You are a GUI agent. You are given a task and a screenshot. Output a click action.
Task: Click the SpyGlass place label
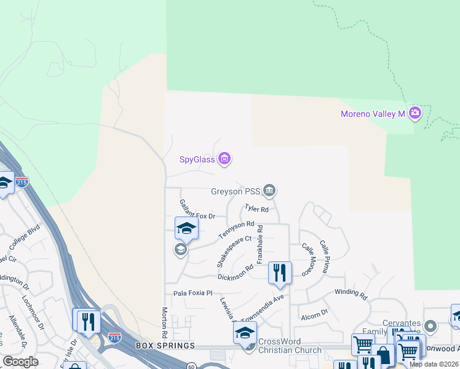(x=197, y=160)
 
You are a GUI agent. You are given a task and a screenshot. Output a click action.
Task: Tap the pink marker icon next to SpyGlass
(x=224, y=159)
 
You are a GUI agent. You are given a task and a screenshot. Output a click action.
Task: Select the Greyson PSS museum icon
(x=269, y=191)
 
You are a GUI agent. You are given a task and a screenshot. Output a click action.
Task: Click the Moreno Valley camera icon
(x=414, y=113)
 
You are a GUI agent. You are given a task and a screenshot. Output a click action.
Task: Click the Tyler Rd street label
(x=256, y=209)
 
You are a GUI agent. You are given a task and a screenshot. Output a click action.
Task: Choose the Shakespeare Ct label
(x=234, y=252)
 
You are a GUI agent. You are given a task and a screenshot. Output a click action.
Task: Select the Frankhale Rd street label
(x=260, y=244)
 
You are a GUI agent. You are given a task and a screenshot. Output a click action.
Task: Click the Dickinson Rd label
(x=236, y=272)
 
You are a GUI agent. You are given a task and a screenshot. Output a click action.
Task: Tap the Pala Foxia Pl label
(x=192, y=293)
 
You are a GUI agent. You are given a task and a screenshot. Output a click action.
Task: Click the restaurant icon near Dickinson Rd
(x=280, y=272)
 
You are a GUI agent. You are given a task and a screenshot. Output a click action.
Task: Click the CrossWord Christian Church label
(x=289, y=346)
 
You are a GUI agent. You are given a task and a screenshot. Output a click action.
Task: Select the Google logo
(x=20, y=361)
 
